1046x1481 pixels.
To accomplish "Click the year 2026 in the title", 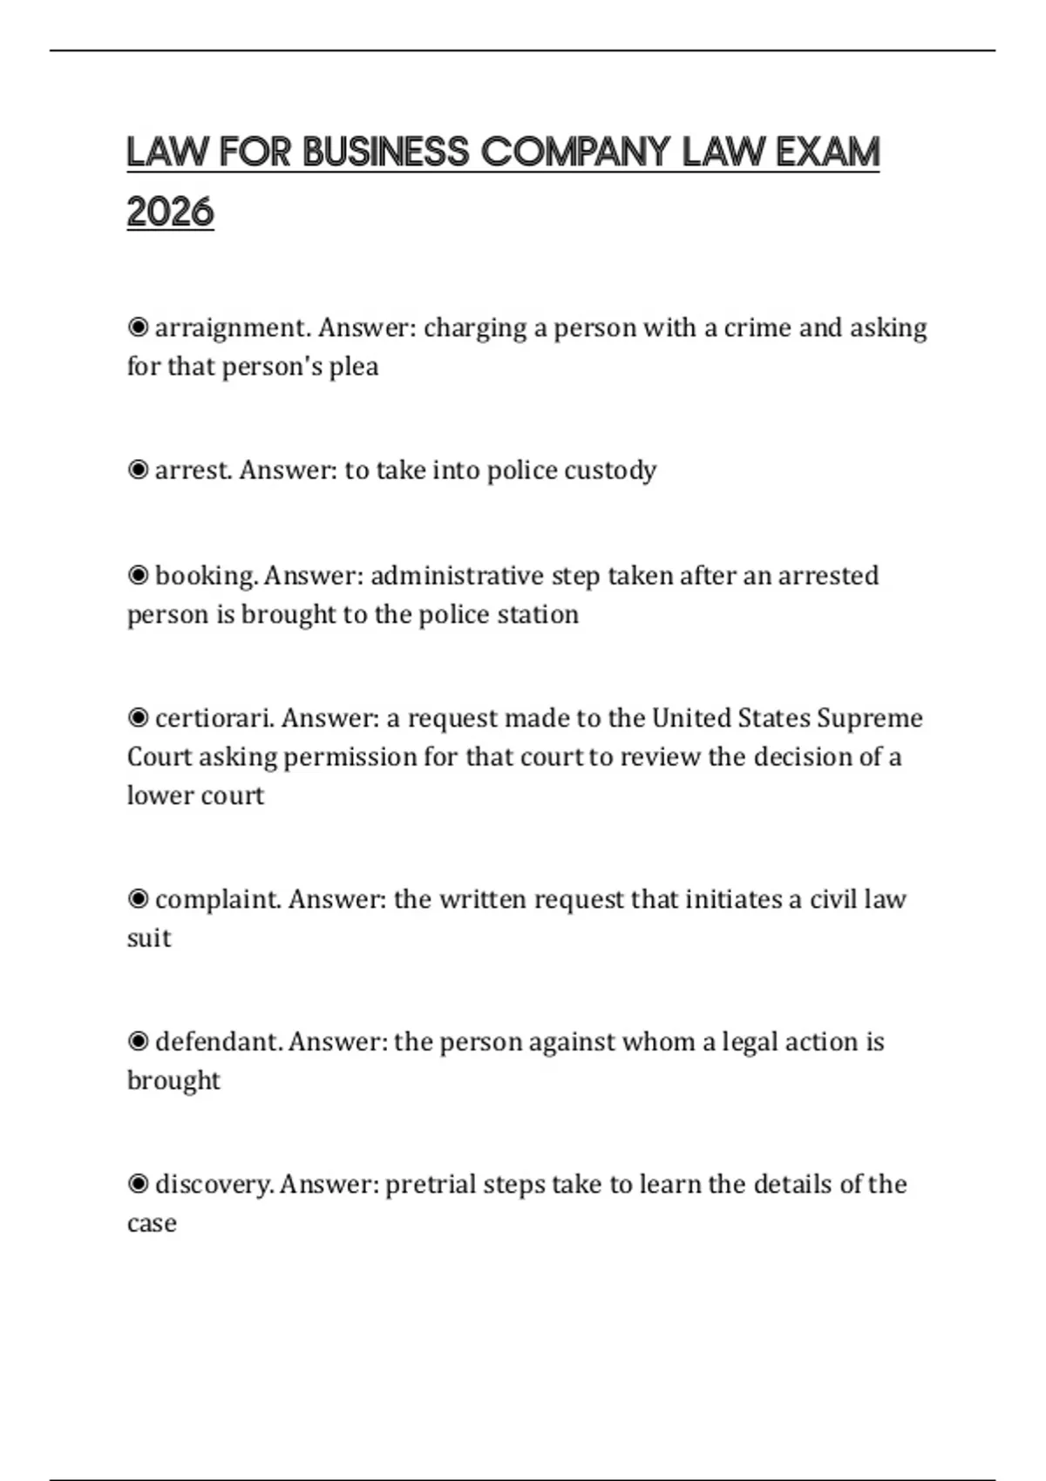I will pos(170,212).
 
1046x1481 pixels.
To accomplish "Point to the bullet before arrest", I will pos(138,470).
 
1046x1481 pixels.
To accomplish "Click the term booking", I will pos(206,576).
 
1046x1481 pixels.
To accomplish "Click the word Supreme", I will pos(870,719).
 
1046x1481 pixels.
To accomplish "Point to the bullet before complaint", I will pos(138,899).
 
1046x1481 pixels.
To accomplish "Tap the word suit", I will pos(149,938).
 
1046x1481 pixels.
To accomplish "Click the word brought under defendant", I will pos(173,1081).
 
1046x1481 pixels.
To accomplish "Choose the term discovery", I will pos(214,1185).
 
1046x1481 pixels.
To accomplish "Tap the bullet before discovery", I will pos(138,1185).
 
